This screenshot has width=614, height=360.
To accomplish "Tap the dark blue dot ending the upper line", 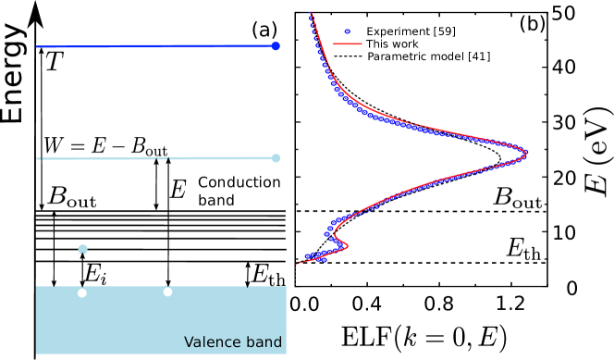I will pyautogui.click(x=276, y=46).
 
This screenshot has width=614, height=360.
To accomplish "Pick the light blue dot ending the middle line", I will pyautogui.click(x=276, y=158).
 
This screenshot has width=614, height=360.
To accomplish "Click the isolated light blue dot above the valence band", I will pyautogui.click(x=82, y=249).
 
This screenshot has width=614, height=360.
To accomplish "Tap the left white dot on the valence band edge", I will pyautogui.click(x=82, y=292).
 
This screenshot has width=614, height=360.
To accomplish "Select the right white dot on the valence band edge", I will pyautogui.click(x=167, y=292).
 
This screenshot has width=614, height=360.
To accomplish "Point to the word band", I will pyautogui.click(x=264, y=342).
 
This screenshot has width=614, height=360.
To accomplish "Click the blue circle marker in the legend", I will pyautogui.click(x=348, y=31).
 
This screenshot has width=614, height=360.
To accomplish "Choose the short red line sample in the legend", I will pyautogui.click(x=348, y=43).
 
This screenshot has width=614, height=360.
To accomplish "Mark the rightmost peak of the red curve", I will pyautogui.click(x=527, y=152).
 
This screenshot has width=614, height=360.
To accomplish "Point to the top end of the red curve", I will pyautogui.click(x=311, y=14).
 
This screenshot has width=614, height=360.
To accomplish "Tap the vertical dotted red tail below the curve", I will pyautogui.click(x=296, y=274).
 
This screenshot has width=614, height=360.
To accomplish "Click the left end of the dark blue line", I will pyautogui.click(x=38, y=46).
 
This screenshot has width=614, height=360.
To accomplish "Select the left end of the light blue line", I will pyautogui.click(x=38, y=158).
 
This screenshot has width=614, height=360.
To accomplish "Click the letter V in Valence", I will pyautogui.click(x=189, y=342).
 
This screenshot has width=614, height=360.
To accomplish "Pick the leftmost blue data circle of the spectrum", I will pyautogui.click(x=308, y=256).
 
